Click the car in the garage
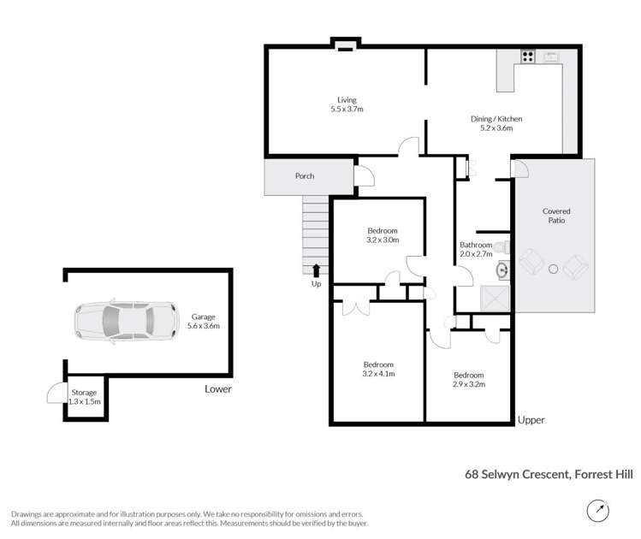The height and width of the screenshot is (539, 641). coord(126,321)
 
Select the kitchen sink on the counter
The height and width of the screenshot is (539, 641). coord(550,58)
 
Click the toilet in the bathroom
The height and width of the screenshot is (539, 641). coord(504,247)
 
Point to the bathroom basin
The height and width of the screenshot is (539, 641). coord(501,271)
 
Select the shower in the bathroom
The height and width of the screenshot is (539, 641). coord(496,297)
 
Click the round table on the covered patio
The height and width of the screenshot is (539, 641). coord(554,269)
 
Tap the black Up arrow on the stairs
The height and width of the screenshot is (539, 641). coord(316,271)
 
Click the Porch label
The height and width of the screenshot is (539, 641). coord(304,176)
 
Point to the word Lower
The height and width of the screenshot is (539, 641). coord(217,388)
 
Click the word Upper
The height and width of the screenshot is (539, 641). coord(531,420)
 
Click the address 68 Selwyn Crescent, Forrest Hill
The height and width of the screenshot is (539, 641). coord(548,471)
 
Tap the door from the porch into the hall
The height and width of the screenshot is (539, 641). coord(365,175)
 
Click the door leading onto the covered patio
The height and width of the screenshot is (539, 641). coord(519,168)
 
